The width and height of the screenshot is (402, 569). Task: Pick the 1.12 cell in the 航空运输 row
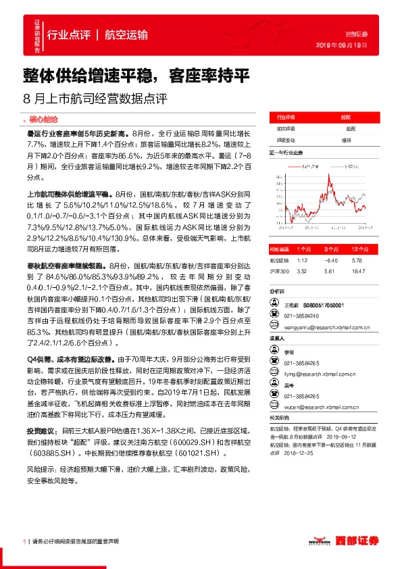point(302,259)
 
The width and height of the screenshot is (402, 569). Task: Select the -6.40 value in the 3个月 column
point(330,259)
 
